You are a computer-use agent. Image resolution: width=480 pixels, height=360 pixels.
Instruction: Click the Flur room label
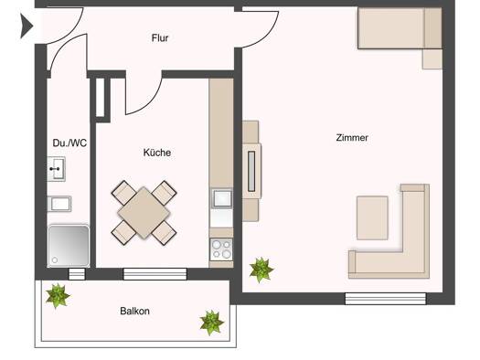tap(160, 38)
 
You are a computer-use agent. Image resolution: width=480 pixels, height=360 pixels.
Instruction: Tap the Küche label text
tap(157, 153)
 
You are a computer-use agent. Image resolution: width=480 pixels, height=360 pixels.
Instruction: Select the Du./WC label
tap(69, 143)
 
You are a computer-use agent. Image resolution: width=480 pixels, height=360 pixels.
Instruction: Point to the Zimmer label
tap(352, 137)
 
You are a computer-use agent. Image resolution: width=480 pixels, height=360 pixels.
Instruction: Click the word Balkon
tap(134, 311)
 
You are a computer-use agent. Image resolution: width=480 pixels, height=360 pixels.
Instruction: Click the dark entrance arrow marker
tap(27, 26)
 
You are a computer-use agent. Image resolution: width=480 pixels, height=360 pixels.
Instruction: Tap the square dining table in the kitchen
tap(144, 213)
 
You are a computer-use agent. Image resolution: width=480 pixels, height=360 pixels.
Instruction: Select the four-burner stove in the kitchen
tap(221, 249)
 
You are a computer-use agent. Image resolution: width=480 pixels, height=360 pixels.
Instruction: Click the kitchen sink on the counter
tap(222, 198)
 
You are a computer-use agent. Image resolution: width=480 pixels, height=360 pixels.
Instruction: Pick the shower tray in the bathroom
tap(69, 246)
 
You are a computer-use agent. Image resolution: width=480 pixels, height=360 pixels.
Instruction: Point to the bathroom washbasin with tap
tap(57, 169)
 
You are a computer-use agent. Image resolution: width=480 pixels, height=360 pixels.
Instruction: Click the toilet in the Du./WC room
tap(59, 204)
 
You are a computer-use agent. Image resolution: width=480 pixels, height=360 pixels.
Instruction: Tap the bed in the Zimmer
tap(400, 28)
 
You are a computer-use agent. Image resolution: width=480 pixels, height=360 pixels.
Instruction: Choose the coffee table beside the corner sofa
tap(372, 217)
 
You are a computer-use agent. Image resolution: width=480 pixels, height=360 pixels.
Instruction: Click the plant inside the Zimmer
tap(261, 270)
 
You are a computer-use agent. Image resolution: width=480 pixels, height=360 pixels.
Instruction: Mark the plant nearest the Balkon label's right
tap(211, 323)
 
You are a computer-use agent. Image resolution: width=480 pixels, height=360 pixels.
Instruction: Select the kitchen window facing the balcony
tap(155, 274)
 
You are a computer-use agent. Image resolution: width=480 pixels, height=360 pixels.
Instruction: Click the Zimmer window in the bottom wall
tap(386, 299)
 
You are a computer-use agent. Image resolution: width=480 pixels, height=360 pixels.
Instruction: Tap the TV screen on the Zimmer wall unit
tap(251, 171)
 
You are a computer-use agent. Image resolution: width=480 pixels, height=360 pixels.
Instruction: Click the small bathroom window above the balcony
tap(77, 274)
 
